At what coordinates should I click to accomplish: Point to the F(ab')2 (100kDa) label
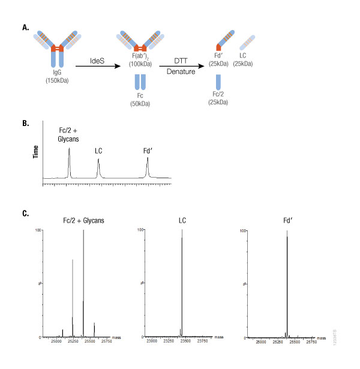coord(143,58)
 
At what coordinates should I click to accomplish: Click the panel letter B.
coord(24,124)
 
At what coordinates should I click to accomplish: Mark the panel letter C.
coord(24,212)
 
